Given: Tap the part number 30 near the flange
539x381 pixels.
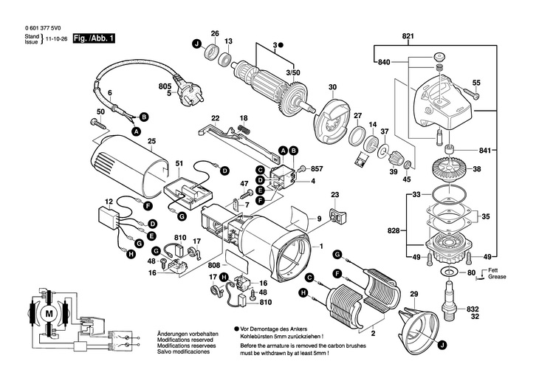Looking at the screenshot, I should tap(332, 87).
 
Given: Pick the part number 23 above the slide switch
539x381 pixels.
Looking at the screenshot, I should tap(334, 195).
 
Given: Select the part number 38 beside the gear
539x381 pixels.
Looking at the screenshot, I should tap(477, 168).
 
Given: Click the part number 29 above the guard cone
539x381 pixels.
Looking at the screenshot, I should tap(414, 295).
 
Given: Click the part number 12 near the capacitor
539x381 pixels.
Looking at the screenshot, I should tap(109, 201).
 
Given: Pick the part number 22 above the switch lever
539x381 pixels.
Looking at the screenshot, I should tap(216, 118).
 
